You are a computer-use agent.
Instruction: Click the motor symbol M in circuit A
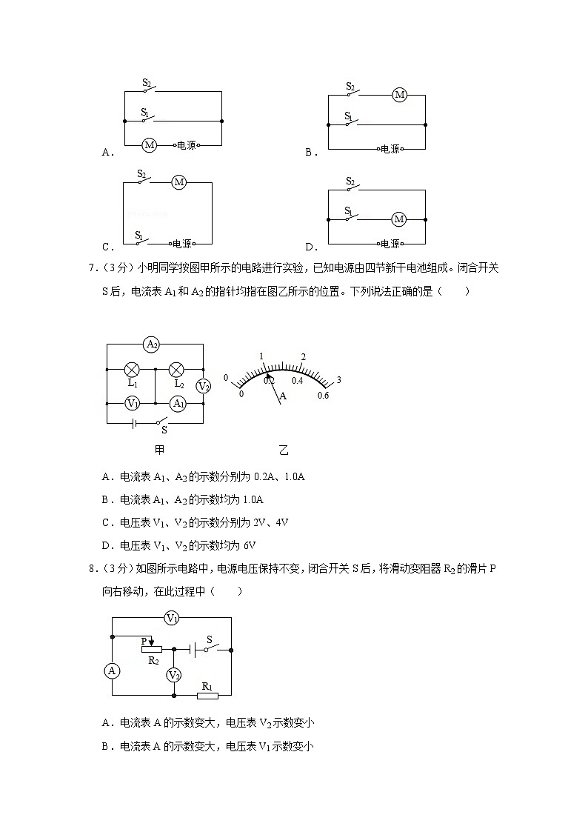coord(149,145)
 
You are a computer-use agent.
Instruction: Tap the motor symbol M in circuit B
coord(400,95)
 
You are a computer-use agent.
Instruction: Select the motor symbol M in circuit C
coord(178,182)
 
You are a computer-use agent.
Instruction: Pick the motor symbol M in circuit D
coord(399,219)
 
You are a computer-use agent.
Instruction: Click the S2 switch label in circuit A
coord(147,83)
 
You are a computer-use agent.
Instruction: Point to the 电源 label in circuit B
coord(390,150)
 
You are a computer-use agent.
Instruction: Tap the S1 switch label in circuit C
coord(139,236)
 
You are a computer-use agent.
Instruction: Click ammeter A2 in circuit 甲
coord(152,344)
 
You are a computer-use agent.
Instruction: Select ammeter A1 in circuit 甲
coord(178,403)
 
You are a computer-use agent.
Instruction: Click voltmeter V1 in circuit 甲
coord(133,403)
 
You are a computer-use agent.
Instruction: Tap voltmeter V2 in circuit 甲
coord(203,386)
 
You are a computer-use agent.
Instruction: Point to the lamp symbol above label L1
coord(133,369)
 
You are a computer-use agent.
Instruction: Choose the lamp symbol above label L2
coord(177,369)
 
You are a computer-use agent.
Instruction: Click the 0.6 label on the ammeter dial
coord(323,395)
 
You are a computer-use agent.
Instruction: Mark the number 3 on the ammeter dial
coord(338,380)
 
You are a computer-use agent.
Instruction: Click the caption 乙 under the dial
coord(284,450)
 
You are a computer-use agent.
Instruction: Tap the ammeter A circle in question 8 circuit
coord(113,670)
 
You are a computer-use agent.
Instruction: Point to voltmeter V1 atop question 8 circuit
coord(172,618)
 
